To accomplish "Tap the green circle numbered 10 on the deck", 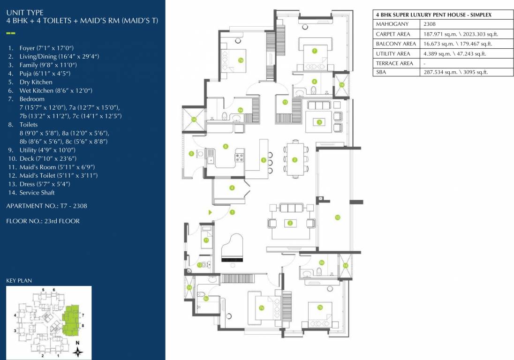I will [337, 217].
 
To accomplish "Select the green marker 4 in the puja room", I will [232, 188].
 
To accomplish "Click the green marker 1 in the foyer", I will [232, 212].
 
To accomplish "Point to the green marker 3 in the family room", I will [319, 122].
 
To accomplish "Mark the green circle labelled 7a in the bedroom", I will [240, 60].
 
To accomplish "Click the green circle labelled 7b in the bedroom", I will [320, 307].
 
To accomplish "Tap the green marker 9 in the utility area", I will [191, 153].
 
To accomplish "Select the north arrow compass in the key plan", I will [79, 350].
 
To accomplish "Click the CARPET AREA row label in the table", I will [393, 34].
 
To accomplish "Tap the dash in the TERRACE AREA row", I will [424, 63].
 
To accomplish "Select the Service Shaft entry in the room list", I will [37, 193].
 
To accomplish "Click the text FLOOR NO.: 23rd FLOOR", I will [43, 221].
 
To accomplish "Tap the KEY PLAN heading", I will [19, 281].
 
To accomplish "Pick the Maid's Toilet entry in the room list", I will [58, 175].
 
